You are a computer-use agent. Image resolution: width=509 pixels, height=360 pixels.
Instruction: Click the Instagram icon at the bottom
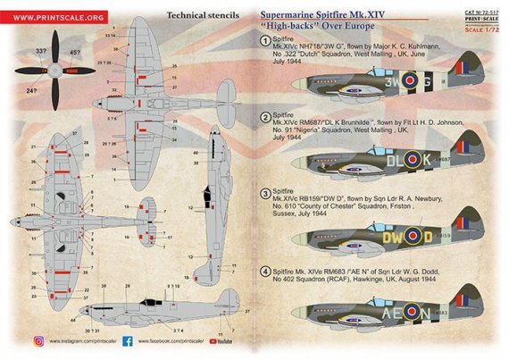click(38, 340)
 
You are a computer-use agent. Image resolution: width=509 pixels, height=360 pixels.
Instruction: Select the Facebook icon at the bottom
click(127, 340)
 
